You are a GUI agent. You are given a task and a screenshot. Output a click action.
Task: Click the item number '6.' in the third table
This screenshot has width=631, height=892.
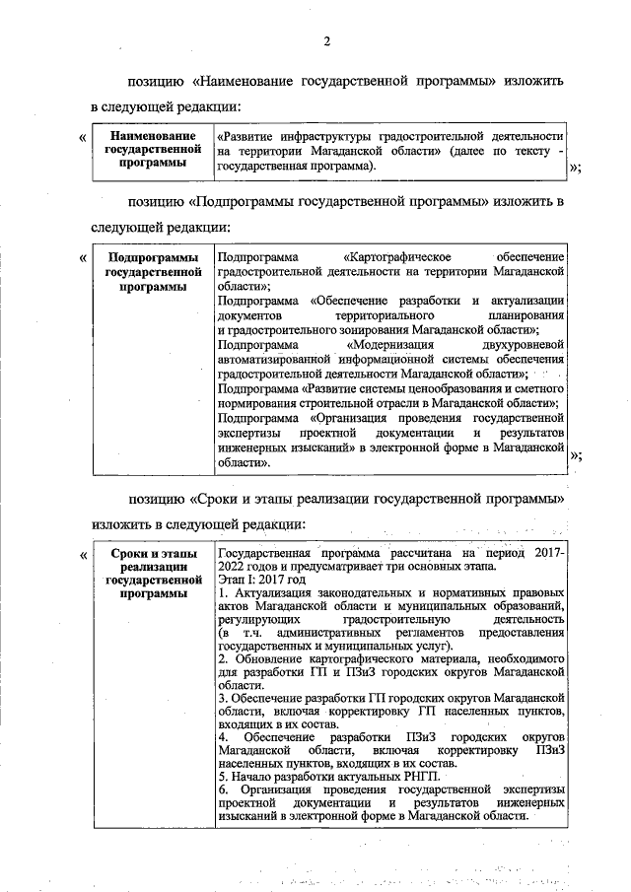click(223, 790)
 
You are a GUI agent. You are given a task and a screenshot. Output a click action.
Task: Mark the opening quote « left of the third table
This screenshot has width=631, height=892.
click(82, 555)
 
